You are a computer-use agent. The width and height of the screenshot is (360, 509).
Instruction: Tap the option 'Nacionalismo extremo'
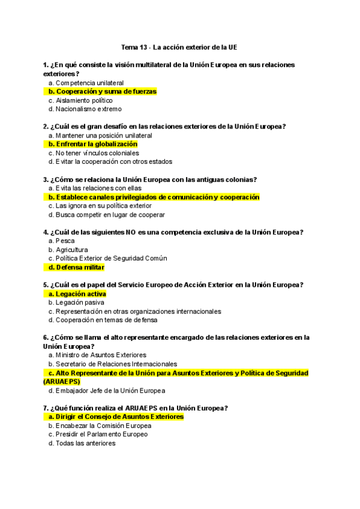pos(88,109)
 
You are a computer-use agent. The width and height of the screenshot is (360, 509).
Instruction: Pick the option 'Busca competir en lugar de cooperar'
pos(110,214)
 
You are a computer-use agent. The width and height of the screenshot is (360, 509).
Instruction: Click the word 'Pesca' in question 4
pos(65,241)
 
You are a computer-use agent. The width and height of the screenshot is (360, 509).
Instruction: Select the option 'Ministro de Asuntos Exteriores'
pos(101,355)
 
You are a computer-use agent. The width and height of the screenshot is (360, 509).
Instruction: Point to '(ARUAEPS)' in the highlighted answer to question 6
pos(62,382)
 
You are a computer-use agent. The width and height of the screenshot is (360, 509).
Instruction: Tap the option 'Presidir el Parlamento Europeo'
pos(101,434)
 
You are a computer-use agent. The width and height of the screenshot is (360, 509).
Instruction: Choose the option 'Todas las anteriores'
pos(85,443)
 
